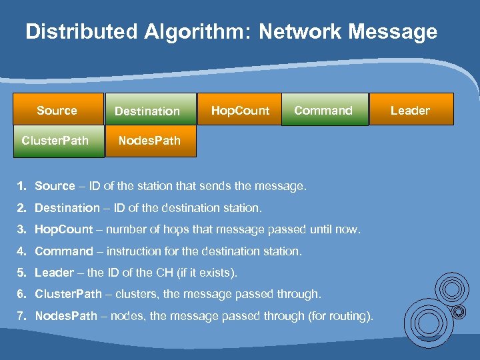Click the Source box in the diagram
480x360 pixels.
(57, 110)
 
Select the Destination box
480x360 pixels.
(147, 111)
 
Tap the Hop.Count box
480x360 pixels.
(240, 110)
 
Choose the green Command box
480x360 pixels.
(323, 110)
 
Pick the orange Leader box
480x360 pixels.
(410, 110)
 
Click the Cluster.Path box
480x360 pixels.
(55, 140)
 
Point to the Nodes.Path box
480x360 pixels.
(149, 140)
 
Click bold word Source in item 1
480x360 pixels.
(55, 186)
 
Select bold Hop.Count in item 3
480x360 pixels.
(63, 229)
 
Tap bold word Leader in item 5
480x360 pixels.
(54, 273)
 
